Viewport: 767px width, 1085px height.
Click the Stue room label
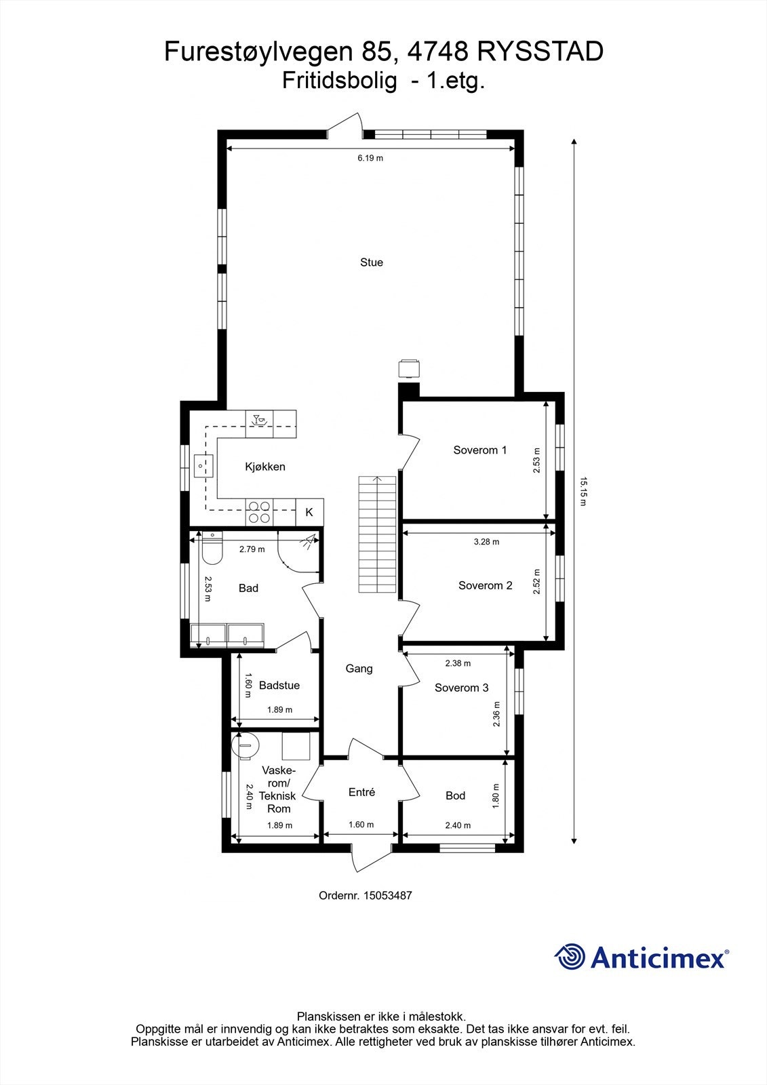tap(371, 262)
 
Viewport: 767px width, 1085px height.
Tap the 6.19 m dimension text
tap(370, 158)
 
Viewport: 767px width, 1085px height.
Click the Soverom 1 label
tap(479, 450)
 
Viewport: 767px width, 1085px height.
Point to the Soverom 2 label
tap(485, 585)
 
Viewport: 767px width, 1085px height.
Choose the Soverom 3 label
tap(461, 688)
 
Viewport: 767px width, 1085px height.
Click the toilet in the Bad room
tap(212, 549)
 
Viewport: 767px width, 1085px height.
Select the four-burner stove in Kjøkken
tap(258, 511)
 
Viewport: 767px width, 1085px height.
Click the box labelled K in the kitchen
tap(309, 512)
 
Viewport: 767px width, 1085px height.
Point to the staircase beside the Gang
tap(377, 534)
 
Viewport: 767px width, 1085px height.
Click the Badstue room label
tap(279, 686)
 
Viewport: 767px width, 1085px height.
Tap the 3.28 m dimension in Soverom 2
tap(486, 542)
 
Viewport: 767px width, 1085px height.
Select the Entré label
tap(361, 792)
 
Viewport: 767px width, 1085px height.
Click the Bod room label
tap(455, 795)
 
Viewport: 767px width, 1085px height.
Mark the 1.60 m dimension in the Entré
tap(361, 825)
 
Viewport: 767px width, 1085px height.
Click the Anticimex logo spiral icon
tap(570, 957)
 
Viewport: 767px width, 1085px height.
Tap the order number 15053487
tap(387, 895)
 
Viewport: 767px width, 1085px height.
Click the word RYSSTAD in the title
tap(540, 52)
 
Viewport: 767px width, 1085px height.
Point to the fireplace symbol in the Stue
tap(408, 368)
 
